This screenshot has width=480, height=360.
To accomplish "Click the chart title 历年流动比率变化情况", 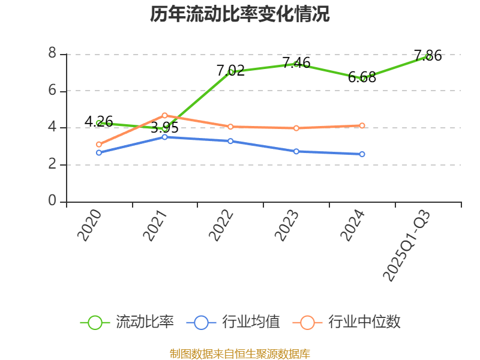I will pos(240,14).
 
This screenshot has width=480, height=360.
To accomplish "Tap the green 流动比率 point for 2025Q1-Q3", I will pos(428,56).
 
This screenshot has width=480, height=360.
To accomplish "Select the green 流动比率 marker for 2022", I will pos(230,72).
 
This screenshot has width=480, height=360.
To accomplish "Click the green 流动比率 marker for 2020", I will pos(99,123).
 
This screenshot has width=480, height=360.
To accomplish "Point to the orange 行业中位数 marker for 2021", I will pos(164,115).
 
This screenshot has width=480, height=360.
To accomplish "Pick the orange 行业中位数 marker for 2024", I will pos(362,126).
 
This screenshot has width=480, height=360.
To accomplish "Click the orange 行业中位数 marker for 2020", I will pos(99,145).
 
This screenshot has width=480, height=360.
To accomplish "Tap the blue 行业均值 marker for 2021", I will pos(164,137).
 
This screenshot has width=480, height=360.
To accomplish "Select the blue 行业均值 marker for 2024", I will pos(362,154).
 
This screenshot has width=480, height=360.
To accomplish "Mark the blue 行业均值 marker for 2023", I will pos(296,151).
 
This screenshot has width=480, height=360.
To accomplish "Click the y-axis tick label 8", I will pos(53,54).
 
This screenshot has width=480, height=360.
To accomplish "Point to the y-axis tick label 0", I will pos(53,202).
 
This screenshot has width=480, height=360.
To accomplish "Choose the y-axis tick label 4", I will pos(53,128).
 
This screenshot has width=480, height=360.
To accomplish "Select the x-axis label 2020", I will pos(89,226).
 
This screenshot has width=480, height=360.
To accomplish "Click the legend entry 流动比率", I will pos(127,322).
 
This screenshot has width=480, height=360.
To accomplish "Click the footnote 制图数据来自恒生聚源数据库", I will pos(240,353).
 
